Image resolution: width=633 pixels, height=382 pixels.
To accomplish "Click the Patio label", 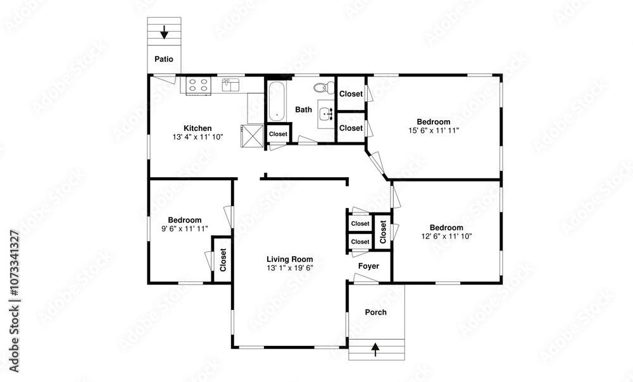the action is pyautogui.click(x=164, y=59).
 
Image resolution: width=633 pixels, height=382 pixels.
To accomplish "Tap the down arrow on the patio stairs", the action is pyautogui.click(x=164, y=32).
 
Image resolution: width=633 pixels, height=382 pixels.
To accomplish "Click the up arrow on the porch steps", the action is pyautogui.click(x=375, y=349).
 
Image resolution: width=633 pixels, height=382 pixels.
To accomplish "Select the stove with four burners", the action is pyautogui.click(x=199, y=85).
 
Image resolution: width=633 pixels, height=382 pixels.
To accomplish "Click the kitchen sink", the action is pyautogui.click(x=230, y=85).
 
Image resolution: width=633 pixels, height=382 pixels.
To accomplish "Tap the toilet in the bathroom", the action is pyautogui.click(x=325, y=87).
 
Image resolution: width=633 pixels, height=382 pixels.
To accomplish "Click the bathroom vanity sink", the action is pyautogui.click(x=326, y=114).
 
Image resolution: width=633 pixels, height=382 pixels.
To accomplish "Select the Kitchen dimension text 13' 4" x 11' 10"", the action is pyautogui.click(x=197, y=137).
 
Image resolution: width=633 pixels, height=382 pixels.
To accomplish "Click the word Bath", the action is pyautogui.click(x=304, y=109).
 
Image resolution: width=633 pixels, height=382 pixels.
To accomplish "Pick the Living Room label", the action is pyautogui.click(x=290, y=259).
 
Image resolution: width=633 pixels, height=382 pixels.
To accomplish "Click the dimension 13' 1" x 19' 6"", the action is pyautogui.click(x=290, y=268).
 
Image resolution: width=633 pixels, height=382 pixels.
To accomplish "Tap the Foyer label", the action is pyautogui.click(x=368, y=266).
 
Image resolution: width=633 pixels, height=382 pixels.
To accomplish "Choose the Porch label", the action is pyautogui.click(x=376, y=312).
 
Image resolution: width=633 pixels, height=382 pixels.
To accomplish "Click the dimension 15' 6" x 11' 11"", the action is pyautogui.click(x=434, y=130).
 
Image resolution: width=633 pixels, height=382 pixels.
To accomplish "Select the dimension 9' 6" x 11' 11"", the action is pyautogui.click(x=185, y=229).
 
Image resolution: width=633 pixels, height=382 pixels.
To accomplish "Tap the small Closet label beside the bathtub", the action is pyautogui.click(x=278, y=134).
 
